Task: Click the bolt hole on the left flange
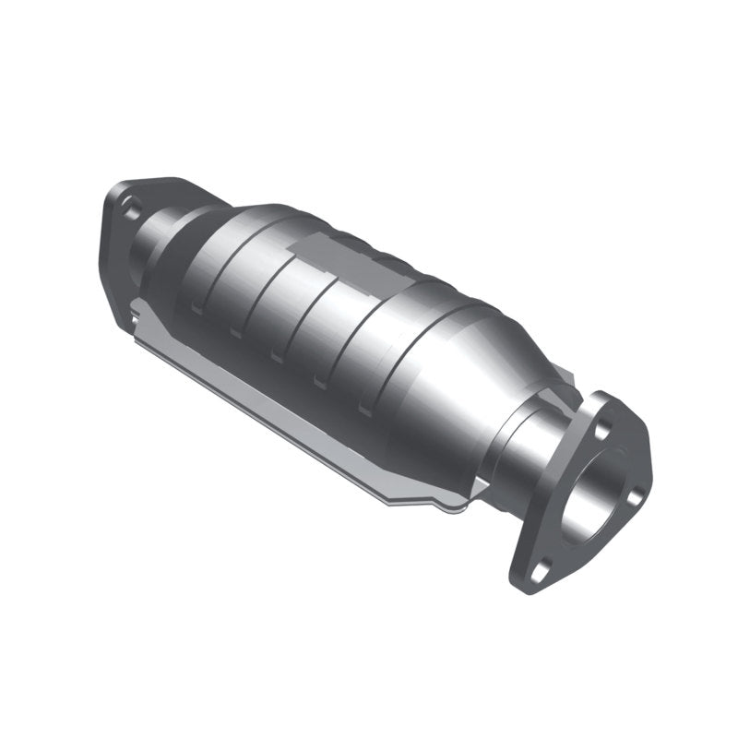coord(132,209)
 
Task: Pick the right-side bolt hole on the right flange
coord(635,498)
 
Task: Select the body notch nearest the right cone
coord(364,407)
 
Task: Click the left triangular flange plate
coord(115,226)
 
